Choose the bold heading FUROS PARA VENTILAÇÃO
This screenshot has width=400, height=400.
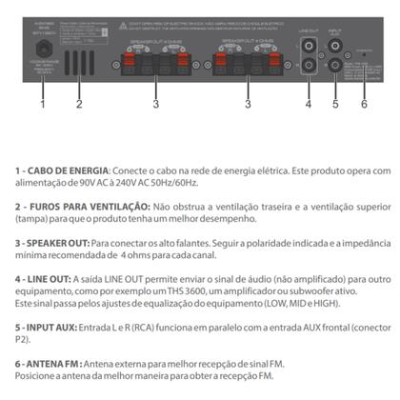89,206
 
